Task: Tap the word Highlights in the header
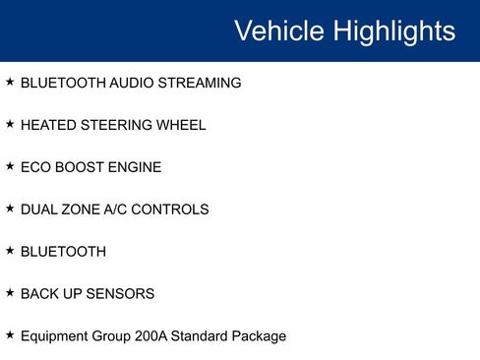coord(394,30)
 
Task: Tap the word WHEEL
coord(180,126)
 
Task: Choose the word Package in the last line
coord(256,336)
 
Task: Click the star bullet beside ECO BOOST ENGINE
coord(10,167)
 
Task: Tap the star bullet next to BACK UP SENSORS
coord(10,293)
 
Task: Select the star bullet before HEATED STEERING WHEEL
coord(10,125)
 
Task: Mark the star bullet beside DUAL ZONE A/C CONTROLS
coord(10,209)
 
